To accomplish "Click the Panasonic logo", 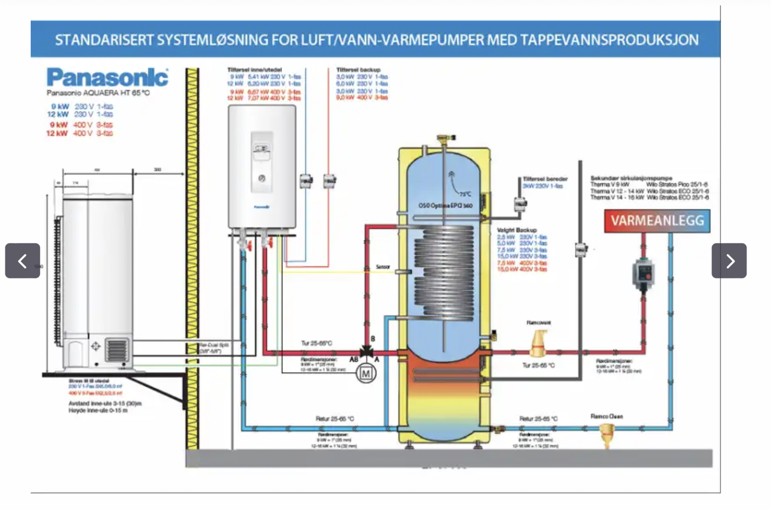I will point(107,77).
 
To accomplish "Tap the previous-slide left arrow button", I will point(22,261).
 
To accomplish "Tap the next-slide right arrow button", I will point(729,261).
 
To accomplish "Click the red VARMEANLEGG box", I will point(657,221).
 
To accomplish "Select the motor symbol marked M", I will point(366,374).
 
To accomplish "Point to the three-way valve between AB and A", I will point(366,352).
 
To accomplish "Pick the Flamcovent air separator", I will point(538,344).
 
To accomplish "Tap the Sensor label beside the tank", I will point(383,267).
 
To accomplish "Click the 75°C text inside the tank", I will point(465,194).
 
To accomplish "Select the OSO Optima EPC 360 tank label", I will point(445,206).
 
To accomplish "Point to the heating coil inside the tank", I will point(444,273).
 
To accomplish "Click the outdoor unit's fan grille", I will point(117,350).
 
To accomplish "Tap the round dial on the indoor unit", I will point(262,178).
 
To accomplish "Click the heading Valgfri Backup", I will point(516,230).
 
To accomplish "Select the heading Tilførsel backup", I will point(358,70).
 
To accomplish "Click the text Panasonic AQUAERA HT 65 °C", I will point(98,93).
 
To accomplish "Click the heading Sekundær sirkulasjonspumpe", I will point(631,178).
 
